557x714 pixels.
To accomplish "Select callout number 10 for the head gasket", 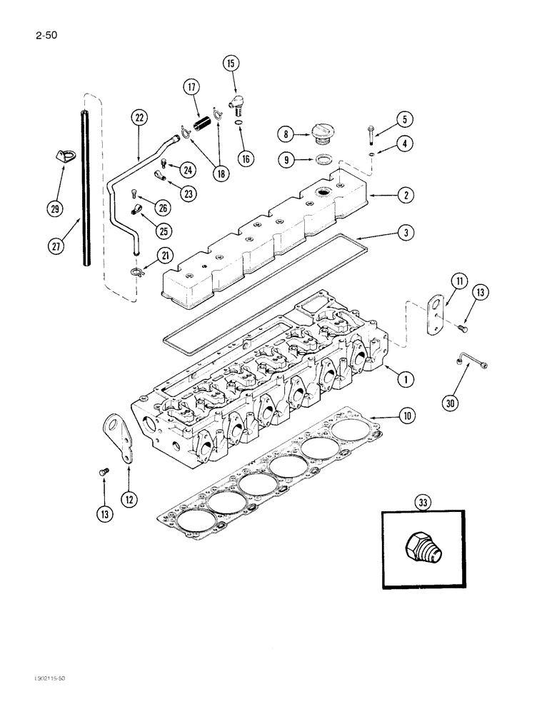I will click(x=406, y=415).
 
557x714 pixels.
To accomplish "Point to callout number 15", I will click(x=231, y=64).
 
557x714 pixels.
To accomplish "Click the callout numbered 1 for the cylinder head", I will click(x=406, y=380).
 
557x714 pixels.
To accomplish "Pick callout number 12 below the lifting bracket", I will click(x=129, y=500).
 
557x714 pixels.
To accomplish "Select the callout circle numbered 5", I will click(x=404, y=119).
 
